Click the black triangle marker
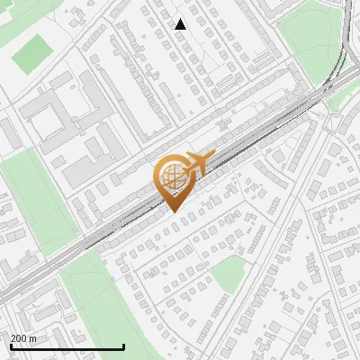point(181,24)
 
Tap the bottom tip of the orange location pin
point(171,211)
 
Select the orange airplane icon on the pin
point(197,164)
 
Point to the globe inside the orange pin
point(170,176)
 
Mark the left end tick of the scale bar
point(11,346)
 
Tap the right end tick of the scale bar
point(122,346)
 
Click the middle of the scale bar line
point(67,347)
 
